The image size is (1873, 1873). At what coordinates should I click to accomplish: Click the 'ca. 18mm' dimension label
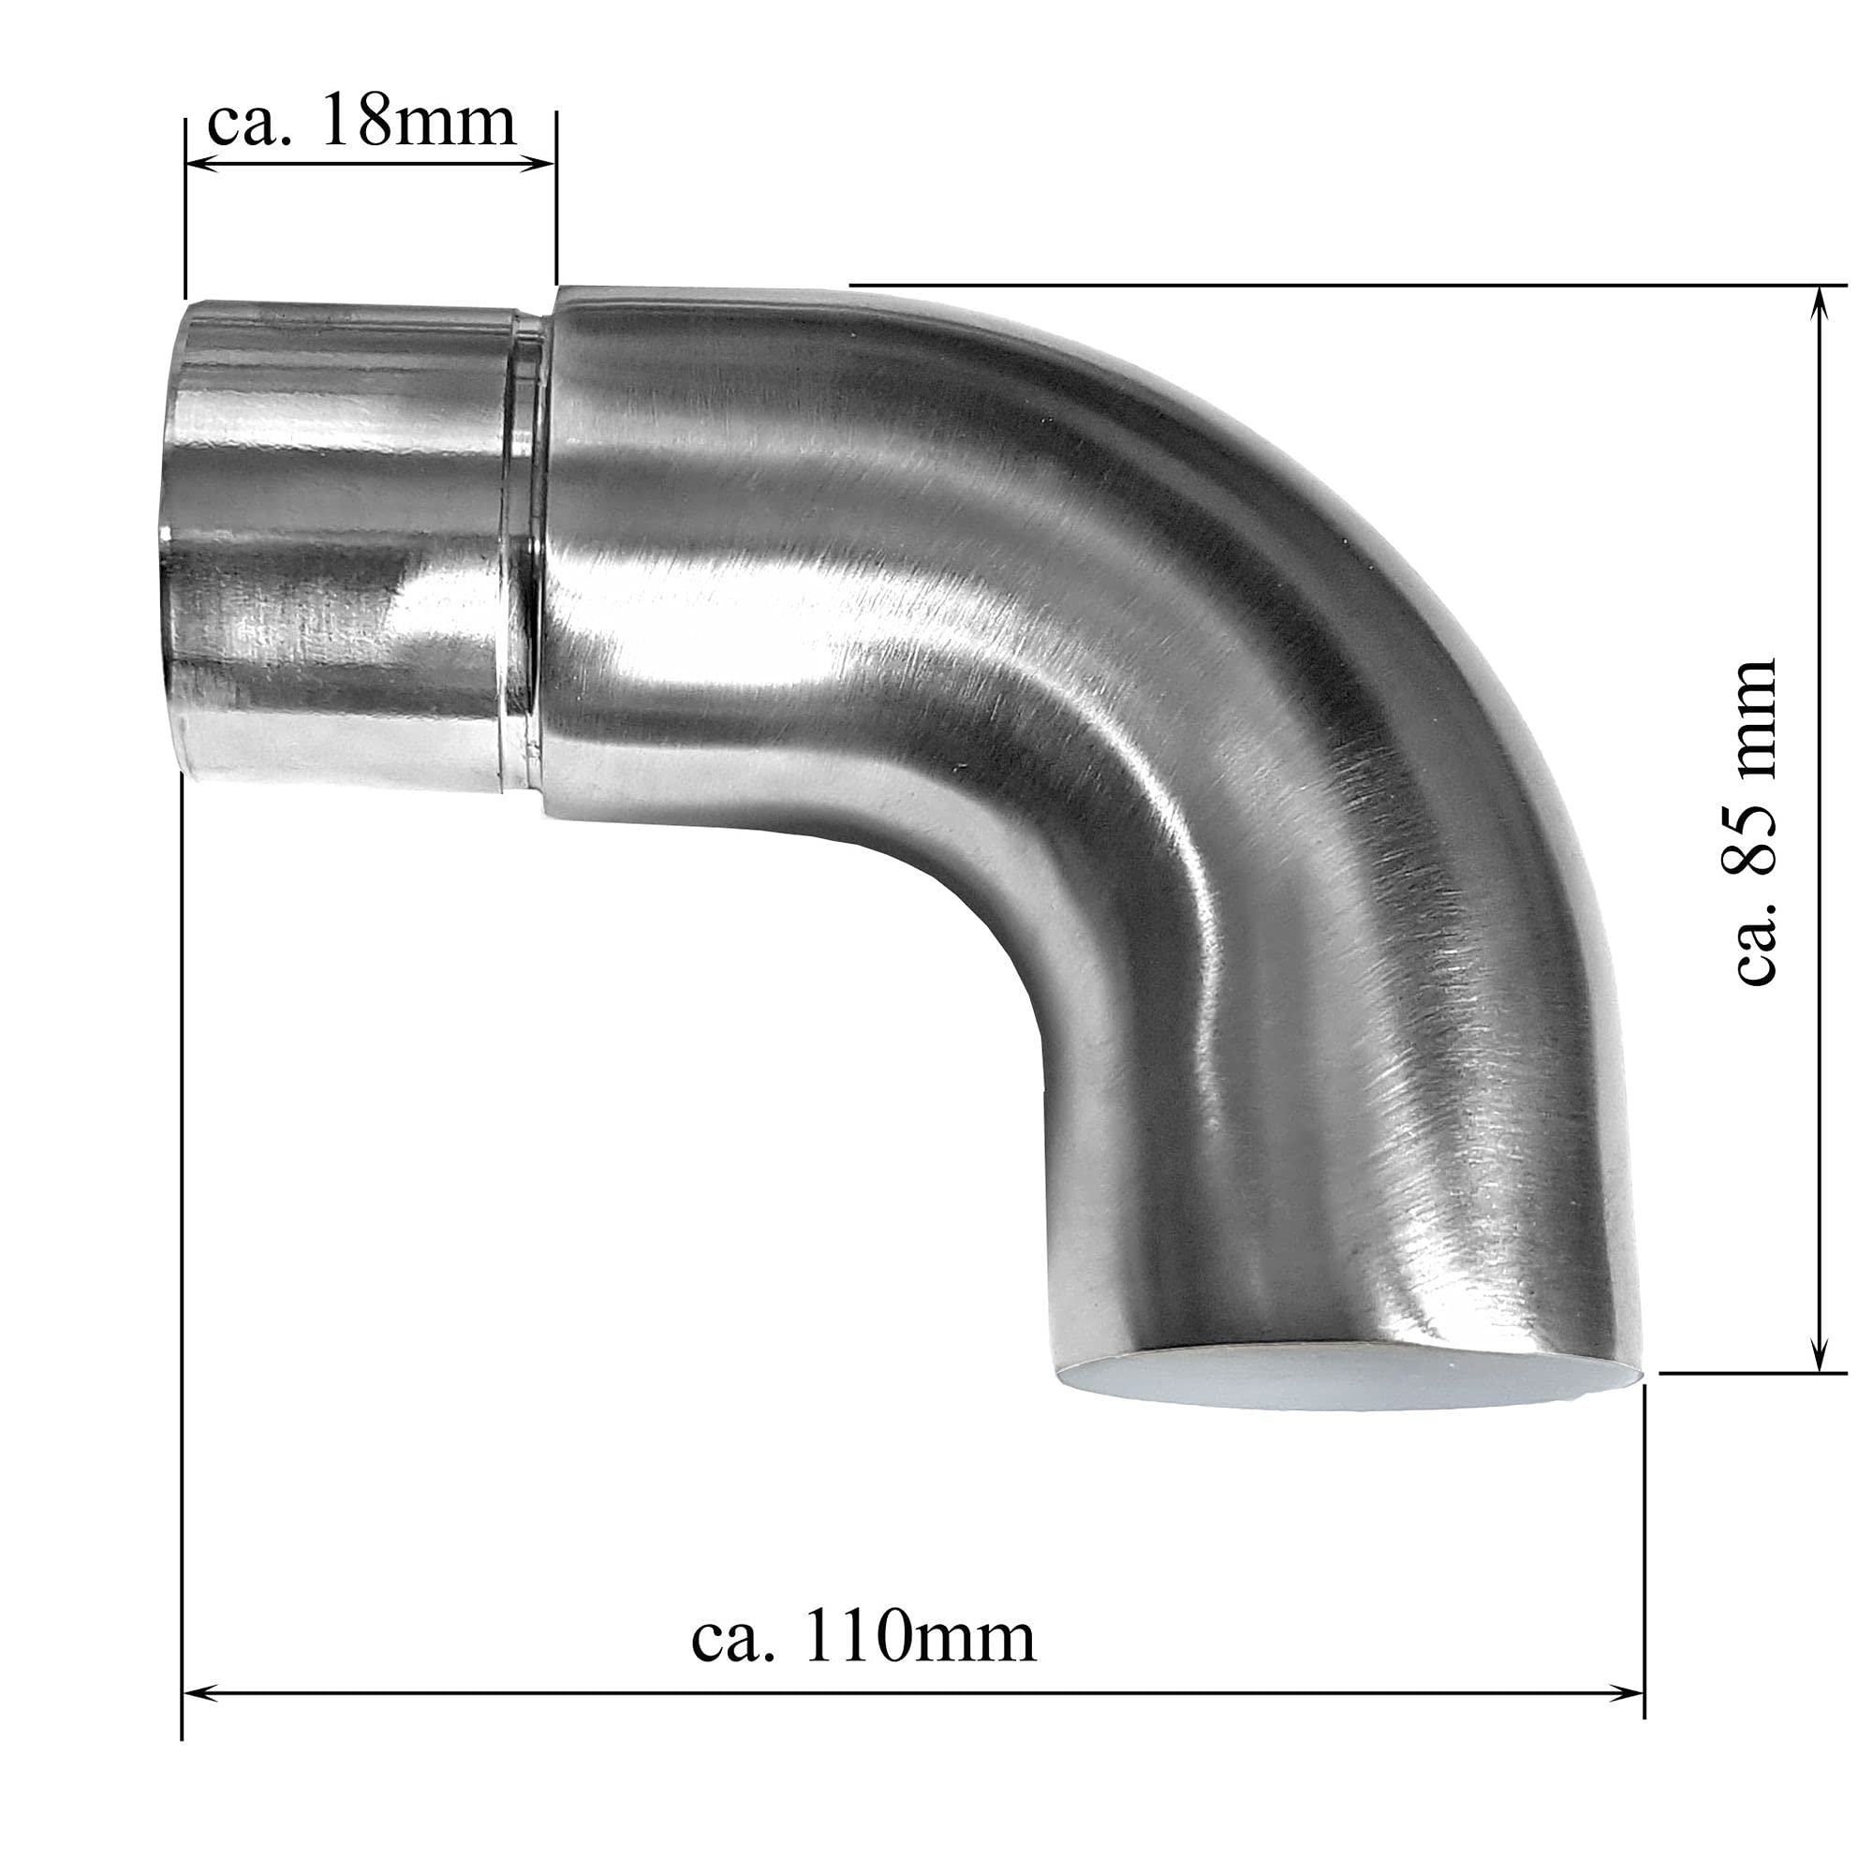pos(361,122)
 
